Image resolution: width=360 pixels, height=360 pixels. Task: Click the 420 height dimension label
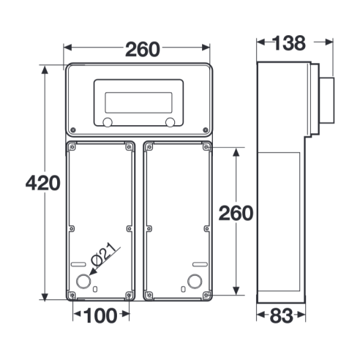click(43, 183)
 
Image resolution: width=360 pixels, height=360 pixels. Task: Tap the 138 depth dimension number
click(289, 43)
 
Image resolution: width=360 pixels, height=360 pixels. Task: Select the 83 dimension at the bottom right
click(281, 316)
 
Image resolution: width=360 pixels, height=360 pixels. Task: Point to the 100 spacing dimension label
click(100, 315)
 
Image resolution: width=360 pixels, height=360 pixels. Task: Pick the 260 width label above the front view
click(143, 49)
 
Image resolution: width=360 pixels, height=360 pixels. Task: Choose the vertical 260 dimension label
click(236, 213)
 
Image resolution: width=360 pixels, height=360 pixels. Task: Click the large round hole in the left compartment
click(83, 281)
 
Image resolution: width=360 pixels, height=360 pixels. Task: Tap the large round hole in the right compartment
click(195, 281)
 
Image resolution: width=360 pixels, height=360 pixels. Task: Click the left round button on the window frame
click(108, 122)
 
